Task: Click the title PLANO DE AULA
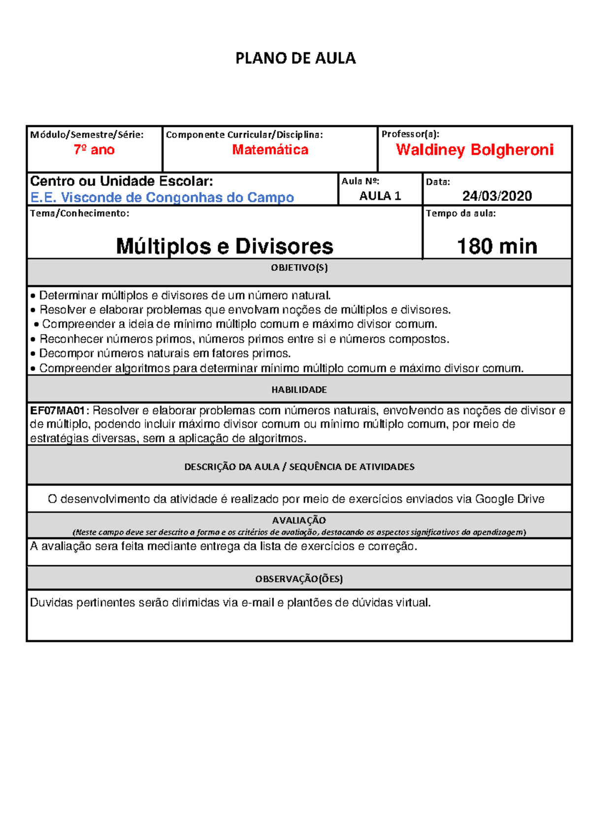pyautogui.click(x=295, y=59)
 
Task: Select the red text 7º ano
pyautogui.click(x=94, y=150)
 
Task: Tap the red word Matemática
pyautogui.click(x=270, y=150)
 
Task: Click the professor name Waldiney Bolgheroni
pyautogui.click(x=475, y=150)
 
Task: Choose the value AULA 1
pyautogui.click(x=380, y=196)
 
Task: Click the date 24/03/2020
pyautogui.click(x=497, y=196)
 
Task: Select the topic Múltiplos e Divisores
pyautogui.click(x=225, y=246)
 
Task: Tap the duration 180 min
pyautogui.click(x=497, y=246)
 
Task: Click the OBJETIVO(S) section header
pyautogui.click(x=299, y=268)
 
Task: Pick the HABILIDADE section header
pyautogui.click(x=299, y=390)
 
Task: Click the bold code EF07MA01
pyautogui.click(x=58, y=411)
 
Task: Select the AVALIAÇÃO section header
pyautogui.click(x=299, y=520)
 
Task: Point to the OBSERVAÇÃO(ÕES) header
pyautogui.click(x=299, y=579)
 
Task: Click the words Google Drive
pyautogui.click(x=510, y=499)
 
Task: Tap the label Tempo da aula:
pyautogui.click(x=460, y=214)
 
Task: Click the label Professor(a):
pyautogui.click(x=410, y=134)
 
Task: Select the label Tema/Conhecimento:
pyautogui.click(x=80, y=214)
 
